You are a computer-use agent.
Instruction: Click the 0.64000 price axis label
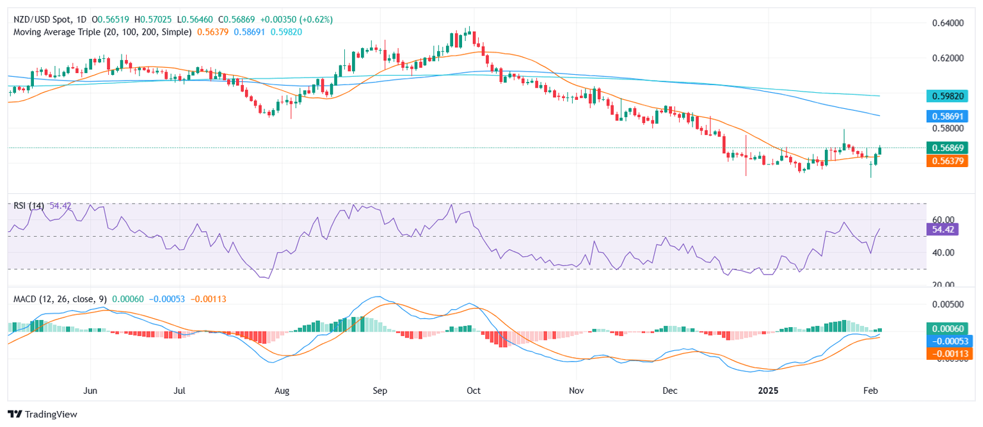point(946,23)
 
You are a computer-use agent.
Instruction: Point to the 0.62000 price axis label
point(946,58)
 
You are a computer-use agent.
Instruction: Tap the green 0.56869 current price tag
point(948,148)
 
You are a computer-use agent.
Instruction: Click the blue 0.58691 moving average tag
point(948,116)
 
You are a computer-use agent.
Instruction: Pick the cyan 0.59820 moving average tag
point(948,96)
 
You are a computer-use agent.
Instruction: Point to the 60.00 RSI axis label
point(940,220)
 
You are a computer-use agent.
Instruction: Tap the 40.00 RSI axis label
point(940,253)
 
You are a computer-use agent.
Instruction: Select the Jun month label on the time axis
point(90,389)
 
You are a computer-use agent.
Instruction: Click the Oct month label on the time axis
point(473,389)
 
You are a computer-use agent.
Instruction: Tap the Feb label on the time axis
point(870,389)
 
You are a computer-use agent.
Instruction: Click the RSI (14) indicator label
point(30,205)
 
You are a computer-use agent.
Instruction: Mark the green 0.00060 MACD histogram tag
point(948,328)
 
